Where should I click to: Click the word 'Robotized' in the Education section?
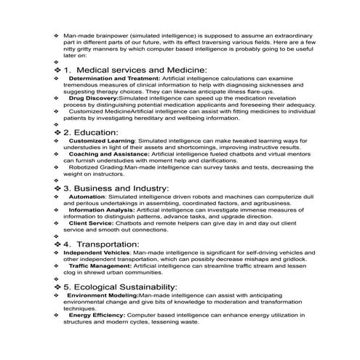tap(83, 167)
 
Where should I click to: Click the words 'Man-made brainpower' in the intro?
tap(92, 36)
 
